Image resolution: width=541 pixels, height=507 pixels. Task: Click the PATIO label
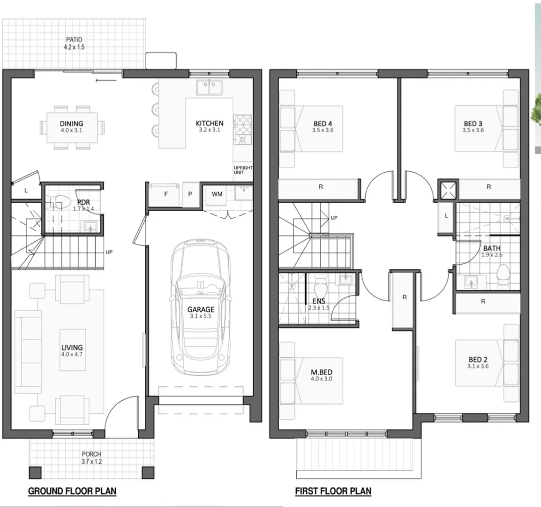coord(74,40)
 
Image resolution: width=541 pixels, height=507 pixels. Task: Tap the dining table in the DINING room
coord(71,127)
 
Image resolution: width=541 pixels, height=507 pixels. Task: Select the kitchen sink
coord(210,88)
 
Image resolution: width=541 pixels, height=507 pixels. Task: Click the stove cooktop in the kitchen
coord(243,130)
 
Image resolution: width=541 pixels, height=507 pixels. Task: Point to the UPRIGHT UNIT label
coord(243,170)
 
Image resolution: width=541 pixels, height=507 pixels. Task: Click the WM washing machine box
coord(217,194)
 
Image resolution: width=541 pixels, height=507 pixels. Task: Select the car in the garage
coord(200,307)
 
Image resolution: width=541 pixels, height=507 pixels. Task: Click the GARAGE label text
coord(201,309)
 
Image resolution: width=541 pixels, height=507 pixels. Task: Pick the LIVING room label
coord(72,348)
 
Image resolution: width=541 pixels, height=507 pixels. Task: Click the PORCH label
coord(91,454)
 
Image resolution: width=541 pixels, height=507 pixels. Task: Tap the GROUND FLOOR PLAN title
coord(72,491)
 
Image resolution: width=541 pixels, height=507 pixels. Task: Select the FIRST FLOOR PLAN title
coord(333,491)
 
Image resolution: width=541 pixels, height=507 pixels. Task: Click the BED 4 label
coord(323,124)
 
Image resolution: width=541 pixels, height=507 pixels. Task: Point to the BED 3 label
coord(473,124)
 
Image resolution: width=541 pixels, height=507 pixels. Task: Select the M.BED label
coord(321,372)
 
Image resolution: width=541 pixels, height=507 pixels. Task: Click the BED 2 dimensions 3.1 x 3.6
coord(478,366)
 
